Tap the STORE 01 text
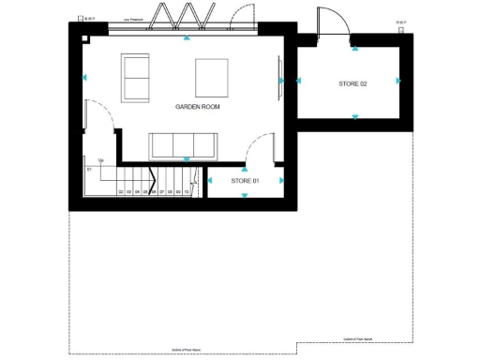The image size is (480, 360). pos(245,180)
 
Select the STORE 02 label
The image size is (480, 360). pos(352,84)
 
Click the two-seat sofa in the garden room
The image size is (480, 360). pos(136,79)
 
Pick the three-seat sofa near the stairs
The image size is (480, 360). pos(183,145)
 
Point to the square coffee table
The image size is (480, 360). pos(211,75)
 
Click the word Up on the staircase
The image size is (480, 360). pos(101,160)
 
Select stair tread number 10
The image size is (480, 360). pos(187,191)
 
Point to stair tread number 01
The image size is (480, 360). pos(89,169)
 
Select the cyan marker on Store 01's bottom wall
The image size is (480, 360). pos(246,195)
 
